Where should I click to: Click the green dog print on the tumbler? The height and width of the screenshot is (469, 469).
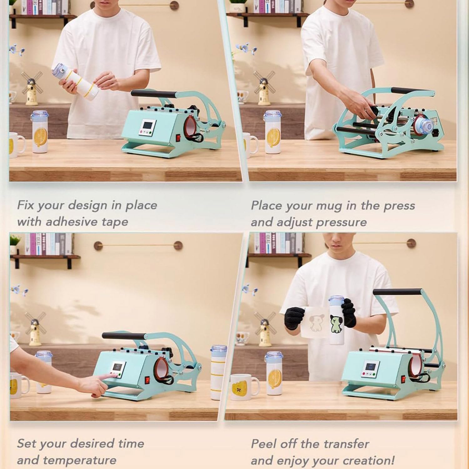coord(336,324)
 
